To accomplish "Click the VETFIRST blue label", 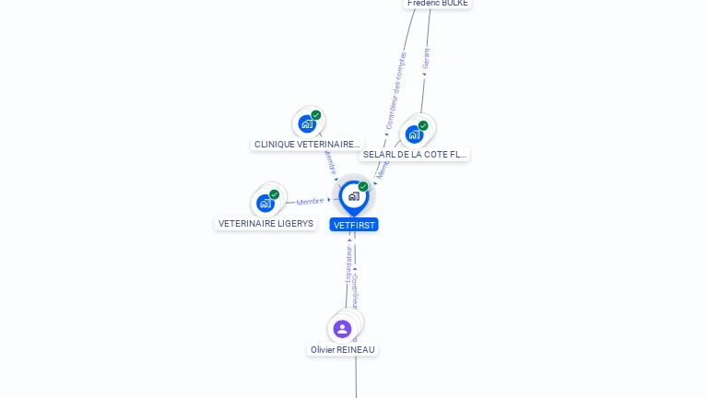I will click(x=354, y=225).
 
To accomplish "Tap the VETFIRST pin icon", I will click(x=353, y=196).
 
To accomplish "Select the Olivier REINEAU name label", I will click(x=343, y=350).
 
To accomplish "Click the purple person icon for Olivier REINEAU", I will click(x=342, y=329).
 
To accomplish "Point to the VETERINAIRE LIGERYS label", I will click(x=265, y=224).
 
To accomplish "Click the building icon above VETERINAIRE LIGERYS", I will click(x=265, y=203).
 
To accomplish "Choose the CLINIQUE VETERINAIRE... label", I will click(x=307, y=145).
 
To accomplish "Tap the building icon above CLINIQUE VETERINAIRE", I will click(x=307, y=123).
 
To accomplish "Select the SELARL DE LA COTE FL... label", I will click(x=415, y=155).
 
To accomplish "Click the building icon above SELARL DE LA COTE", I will click(x=414, y=135).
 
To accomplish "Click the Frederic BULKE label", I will click(x=438, y=4).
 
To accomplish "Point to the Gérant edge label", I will click(x=426, y=59).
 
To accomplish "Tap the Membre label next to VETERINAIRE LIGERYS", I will click(x=310, y=201).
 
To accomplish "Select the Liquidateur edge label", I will click(x=348, y=263).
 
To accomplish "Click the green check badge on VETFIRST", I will click(x=363, y=187).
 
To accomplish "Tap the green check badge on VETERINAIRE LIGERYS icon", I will click(x=274, y=194).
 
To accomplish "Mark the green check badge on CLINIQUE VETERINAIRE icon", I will click(x=316, y=115).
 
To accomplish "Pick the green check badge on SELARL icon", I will click(x=423, y=125).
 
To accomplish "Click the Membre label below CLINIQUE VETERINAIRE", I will click(x=329, y=163).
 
